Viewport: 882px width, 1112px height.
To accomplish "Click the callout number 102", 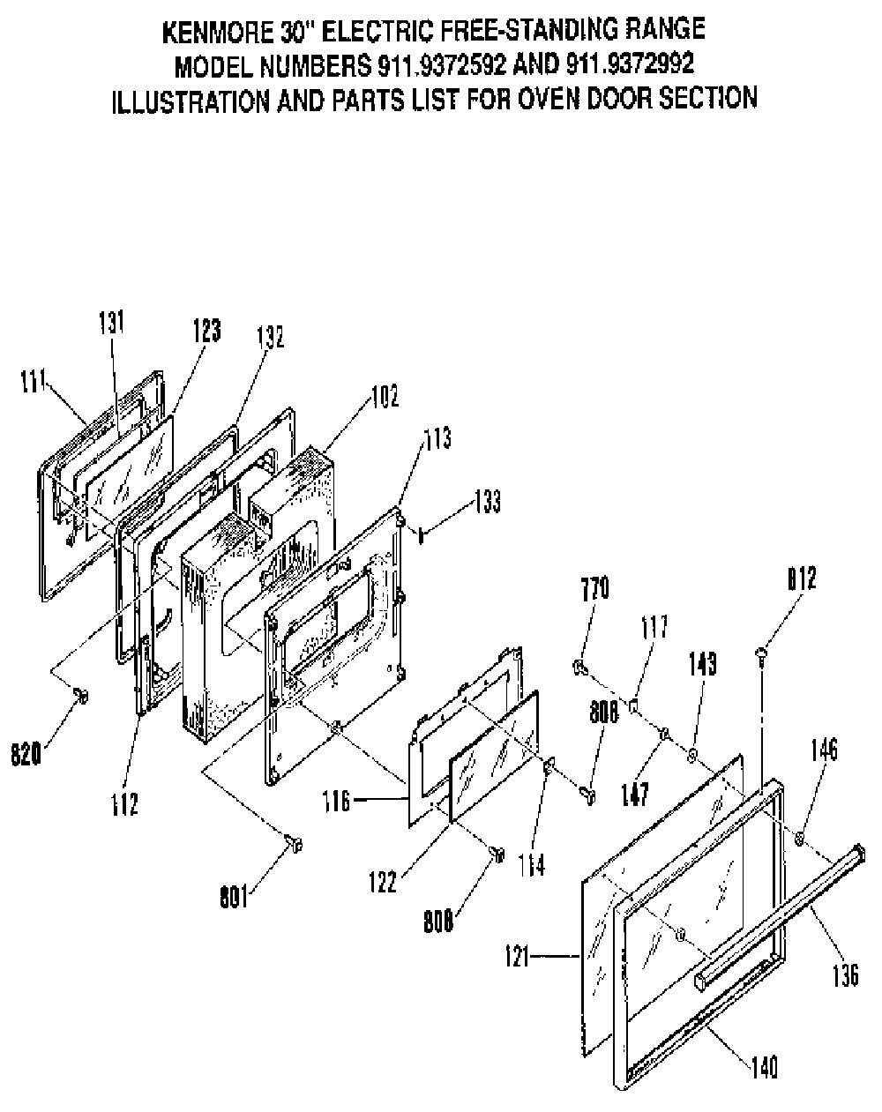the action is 385,395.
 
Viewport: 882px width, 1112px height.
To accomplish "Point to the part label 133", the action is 487,502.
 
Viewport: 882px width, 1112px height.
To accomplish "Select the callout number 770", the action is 595,588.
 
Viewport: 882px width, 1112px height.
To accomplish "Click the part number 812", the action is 802,578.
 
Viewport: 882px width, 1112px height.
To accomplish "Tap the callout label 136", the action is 845,975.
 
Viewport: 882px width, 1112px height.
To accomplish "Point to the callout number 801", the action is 234,899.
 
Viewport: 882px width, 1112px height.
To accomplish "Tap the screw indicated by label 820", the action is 81,696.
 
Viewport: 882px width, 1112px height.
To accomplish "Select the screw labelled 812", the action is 761,656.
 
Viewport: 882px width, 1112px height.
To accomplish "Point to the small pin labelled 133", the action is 421,536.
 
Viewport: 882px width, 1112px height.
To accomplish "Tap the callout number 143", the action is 703,664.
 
